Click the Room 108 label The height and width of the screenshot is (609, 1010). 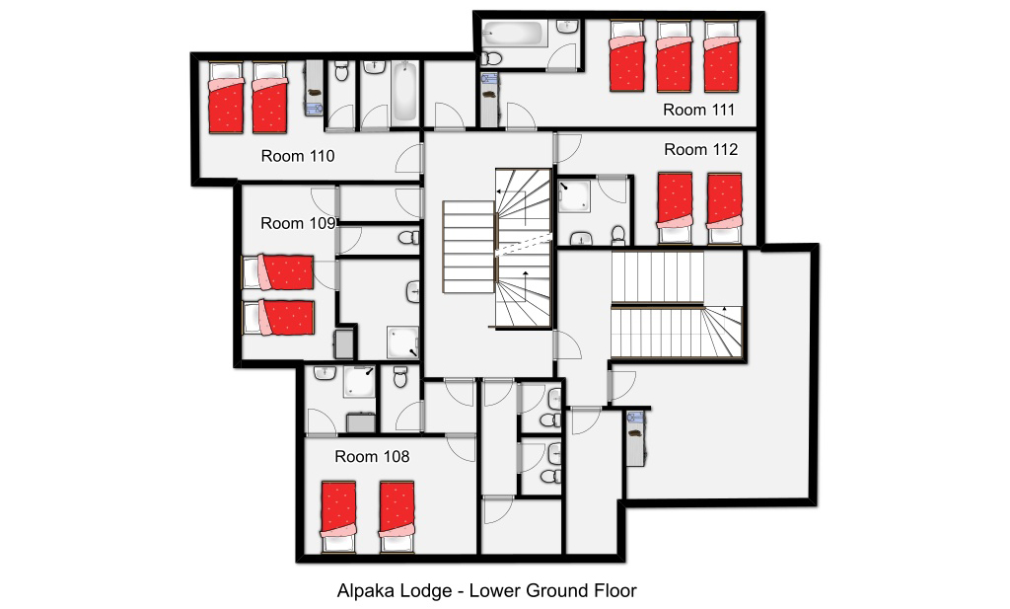372,457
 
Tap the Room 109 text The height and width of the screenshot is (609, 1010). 298,224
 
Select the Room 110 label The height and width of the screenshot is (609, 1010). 298,156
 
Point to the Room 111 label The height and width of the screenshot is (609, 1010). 699,111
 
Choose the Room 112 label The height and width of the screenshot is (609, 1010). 701,149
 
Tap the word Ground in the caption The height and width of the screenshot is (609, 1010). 554,591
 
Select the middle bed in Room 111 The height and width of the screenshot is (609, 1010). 674,56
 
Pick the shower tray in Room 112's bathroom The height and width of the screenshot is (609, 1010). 574,195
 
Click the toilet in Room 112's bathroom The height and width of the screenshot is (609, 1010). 618,235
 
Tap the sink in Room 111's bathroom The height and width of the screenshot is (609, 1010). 567,27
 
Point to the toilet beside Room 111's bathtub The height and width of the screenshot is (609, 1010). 491,58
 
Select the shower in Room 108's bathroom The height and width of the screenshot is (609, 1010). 359,382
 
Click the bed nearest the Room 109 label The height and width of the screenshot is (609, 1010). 277,272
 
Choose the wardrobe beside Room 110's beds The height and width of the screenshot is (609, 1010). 314,88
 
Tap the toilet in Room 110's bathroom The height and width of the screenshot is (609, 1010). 341,71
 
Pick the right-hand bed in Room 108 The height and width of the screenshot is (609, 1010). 397,517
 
